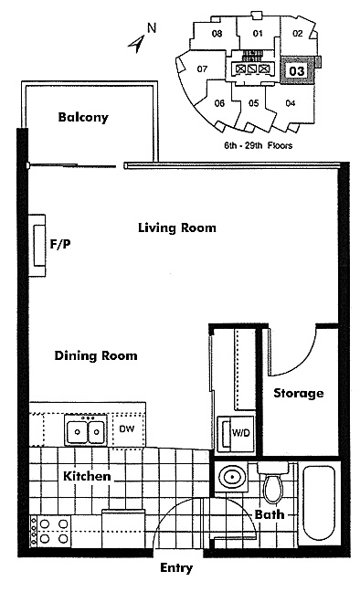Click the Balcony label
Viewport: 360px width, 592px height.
(83, 117)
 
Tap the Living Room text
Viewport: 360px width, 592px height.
(177, 227)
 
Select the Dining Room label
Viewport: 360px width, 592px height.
(96, 355)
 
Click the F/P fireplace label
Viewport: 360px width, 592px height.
(60, 244)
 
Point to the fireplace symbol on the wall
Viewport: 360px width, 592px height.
(37, 246)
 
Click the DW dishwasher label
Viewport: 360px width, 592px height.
(126, 428)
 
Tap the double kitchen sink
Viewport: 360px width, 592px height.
(86, 430)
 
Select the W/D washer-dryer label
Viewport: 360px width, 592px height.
(240, 433)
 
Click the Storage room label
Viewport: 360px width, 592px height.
(299, 394)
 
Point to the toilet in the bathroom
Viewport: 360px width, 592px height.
(273, 482)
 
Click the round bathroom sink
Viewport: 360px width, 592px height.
(231, 477)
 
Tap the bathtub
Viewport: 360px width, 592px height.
(320, 503)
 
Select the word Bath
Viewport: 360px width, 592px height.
(270, 514)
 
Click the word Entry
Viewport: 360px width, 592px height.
(176, 568)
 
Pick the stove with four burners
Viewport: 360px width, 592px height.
(50, 531)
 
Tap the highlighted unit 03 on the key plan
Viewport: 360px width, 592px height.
(297, 70)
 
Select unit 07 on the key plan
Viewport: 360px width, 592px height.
(202, 69)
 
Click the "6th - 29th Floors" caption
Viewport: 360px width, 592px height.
(259, 145)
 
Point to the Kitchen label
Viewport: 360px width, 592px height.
(87, 476)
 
